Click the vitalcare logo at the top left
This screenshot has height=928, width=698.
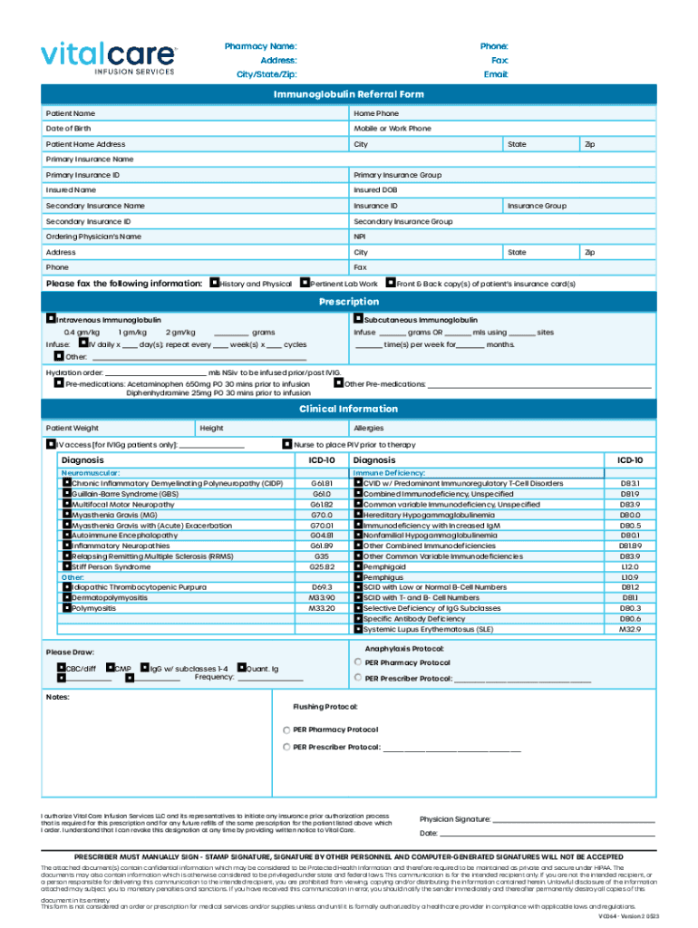[108, 56]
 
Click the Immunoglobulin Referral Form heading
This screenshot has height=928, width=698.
[349, 94]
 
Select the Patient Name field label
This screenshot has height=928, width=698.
[71, 113]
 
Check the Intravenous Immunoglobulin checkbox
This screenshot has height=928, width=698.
[51, 320]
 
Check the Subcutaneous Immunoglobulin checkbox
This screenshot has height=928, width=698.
[359, 320]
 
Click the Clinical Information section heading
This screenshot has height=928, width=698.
[349, 409]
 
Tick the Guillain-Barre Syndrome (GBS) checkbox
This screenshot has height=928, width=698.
[66, 494]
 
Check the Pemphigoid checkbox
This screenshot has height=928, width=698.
[359, 566]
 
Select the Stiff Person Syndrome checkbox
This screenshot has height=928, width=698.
[66, 566]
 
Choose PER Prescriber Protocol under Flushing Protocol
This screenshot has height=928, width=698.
[287, 747]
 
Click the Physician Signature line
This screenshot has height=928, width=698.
[573, 820]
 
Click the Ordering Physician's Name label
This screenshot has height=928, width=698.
[93, 237]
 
